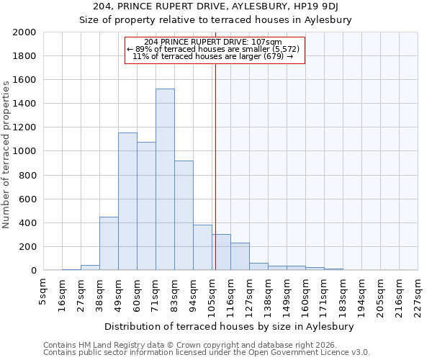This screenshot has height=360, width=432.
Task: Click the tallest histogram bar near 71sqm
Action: click(165, 180)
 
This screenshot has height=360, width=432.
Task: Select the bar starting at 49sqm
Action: click(127, 202)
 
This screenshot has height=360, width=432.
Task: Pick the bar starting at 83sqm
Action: click(184, 216)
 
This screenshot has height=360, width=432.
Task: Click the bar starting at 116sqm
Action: click(240, 256)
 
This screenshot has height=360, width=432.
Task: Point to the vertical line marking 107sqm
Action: click(215, 166)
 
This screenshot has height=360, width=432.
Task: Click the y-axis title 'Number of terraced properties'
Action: click(6, 154)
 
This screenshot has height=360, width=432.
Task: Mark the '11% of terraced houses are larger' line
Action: click(213, 56)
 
